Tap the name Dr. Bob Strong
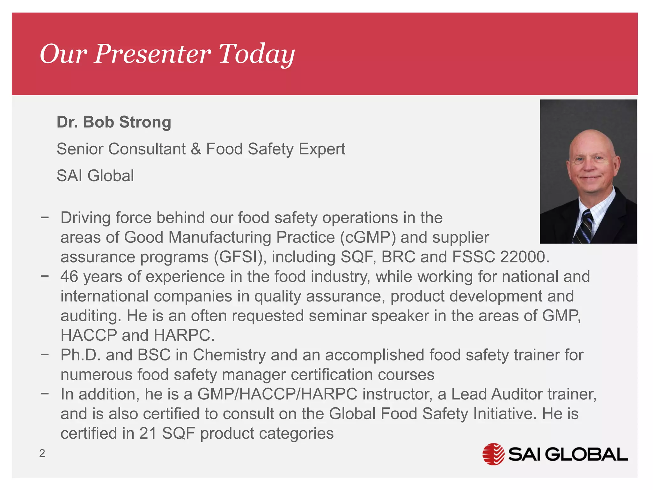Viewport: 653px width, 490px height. click(x=114, y=122)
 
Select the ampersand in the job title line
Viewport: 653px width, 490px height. click(x=196, y=149)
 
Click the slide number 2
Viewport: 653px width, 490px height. click(x=42, y=453)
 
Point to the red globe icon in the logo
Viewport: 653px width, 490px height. click(x=493, y=454)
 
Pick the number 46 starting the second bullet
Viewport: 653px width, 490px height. click(x=69, y=277)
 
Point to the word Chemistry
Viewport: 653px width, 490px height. click(x=229, y=355)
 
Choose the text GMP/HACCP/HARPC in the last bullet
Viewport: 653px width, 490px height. click(x=277, y=394)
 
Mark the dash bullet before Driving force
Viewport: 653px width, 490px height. click(x=45, y=218)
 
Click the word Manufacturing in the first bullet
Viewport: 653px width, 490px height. click(x=220, y=237)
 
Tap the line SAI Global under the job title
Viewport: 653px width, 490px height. click(x=95, y=176)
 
